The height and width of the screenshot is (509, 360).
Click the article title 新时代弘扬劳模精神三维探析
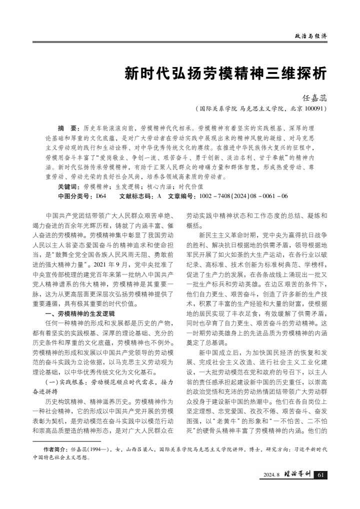[x=226, y=73]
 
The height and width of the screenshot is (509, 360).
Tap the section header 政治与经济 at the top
[x=311, y=36]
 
